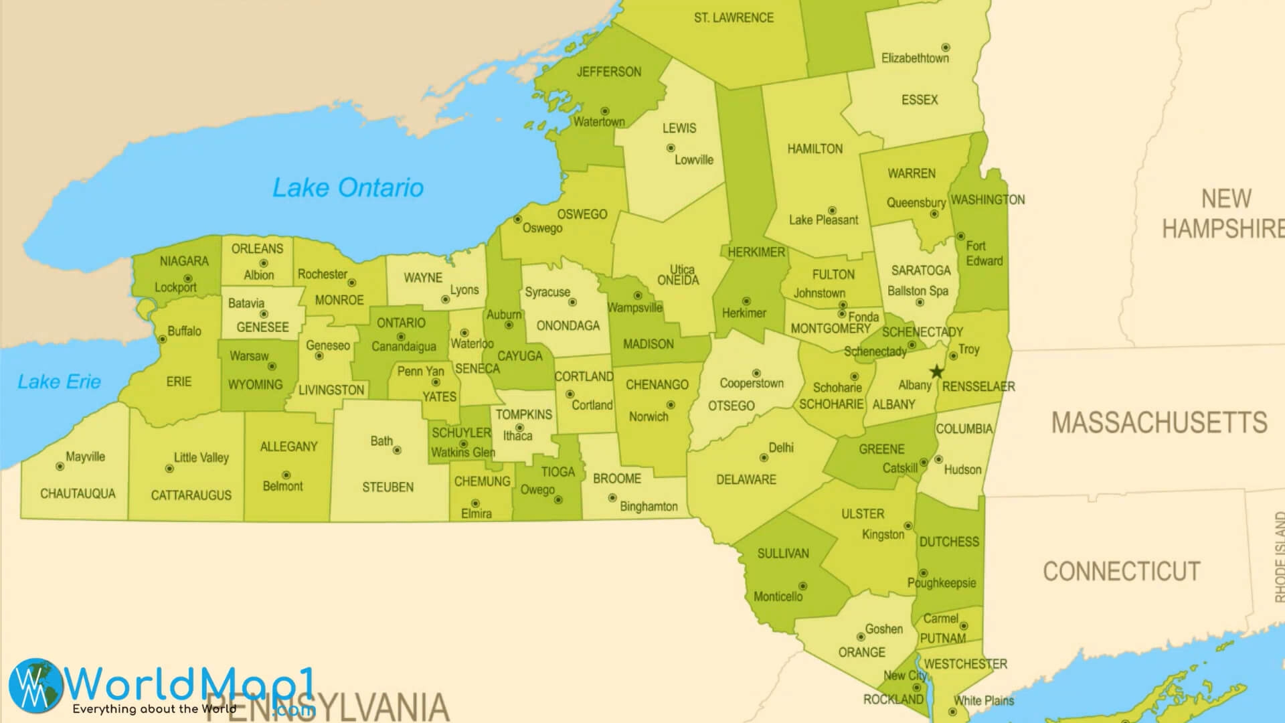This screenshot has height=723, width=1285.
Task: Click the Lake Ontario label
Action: [x=347, y=187]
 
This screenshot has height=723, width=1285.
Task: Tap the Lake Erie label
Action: [x=59, y=382]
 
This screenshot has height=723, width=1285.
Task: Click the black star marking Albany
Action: [x=937, y=372]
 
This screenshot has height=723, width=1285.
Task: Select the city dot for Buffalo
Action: [x=162, y=339]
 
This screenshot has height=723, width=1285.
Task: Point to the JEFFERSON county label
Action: [x=608, y=72]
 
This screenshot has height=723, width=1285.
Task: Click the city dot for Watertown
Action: [x=604, y=111]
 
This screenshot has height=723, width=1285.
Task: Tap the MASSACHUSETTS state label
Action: [x=1159, y=422]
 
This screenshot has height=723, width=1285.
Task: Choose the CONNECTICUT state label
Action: [x=1121, y=571]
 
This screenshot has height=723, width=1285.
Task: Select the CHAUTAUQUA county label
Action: [x=78, y=493]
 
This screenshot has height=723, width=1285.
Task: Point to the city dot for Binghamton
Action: [x=612, y=498]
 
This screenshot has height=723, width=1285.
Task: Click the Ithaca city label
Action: [x=517, y=436]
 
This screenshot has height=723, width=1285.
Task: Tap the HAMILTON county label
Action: [x=815, y=149]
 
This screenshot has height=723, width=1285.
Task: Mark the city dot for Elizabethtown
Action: [x=946, y=48]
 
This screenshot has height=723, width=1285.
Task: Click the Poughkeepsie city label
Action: [x=942, y=583]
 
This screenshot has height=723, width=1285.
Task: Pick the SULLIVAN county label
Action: [x=783, y=553]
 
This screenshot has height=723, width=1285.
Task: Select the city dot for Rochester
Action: [x=352, y=283]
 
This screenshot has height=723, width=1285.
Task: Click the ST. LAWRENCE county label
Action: [x=734, y=18]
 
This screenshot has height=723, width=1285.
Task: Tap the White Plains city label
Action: [x=984, y=701]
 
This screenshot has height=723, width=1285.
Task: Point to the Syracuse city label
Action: [x=547, y=292]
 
